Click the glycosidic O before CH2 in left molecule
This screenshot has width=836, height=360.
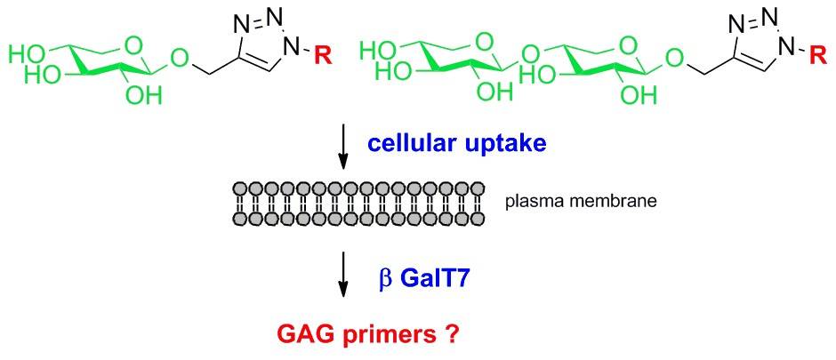pos(178,60)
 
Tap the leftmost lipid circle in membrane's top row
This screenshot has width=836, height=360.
pos(239,189)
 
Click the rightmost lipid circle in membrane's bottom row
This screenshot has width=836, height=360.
pos(478,219)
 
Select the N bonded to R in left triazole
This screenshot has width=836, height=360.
pos(293,42)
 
